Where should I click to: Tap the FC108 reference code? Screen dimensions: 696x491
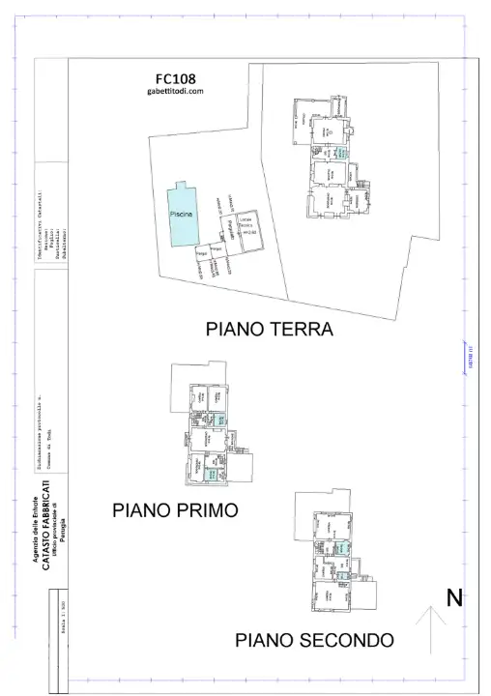175,78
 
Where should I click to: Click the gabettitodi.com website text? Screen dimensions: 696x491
175,92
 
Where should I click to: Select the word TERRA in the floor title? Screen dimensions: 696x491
301,330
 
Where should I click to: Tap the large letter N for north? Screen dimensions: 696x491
452,598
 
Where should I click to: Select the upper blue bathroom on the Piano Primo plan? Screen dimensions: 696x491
219,420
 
